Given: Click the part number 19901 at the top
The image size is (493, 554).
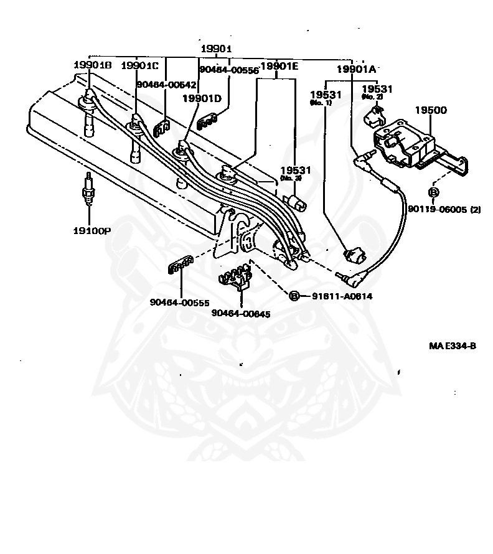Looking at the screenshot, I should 216,49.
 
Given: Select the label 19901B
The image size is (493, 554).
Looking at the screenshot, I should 92,65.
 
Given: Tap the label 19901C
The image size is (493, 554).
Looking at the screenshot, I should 140,65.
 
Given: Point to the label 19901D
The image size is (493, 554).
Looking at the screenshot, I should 202,98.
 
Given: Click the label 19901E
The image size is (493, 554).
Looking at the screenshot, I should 279,65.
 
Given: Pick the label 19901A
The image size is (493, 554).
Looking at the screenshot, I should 356,69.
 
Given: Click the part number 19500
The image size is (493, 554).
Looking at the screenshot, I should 431,110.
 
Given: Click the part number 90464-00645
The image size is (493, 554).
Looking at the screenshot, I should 241,314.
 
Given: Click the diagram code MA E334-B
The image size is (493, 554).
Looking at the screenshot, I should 452,346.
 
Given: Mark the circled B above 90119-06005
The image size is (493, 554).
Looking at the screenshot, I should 434,192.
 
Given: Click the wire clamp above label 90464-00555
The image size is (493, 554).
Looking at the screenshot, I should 179,267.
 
